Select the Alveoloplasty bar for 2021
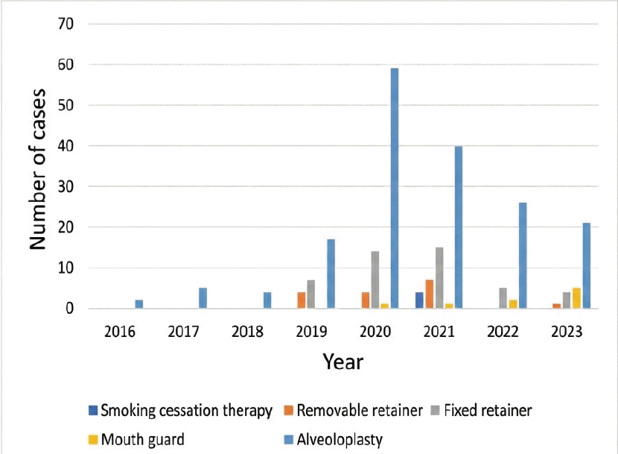click(459, 227)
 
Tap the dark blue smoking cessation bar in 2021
click(419, 300)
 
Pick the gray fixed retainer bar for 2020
click(375, 280)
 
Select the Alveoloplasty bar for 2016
click(138, 304)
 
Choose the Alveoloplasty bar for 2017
click(203, 298)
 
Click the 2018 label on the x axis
click(248, 330)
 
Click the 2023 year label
click(567, 330)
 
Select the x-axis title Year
click(343, 362)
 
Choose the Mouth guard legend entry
click(142, 439)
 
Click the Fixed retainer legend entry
click(488, 411)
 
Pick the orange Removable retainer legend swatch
click(290, 411)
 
